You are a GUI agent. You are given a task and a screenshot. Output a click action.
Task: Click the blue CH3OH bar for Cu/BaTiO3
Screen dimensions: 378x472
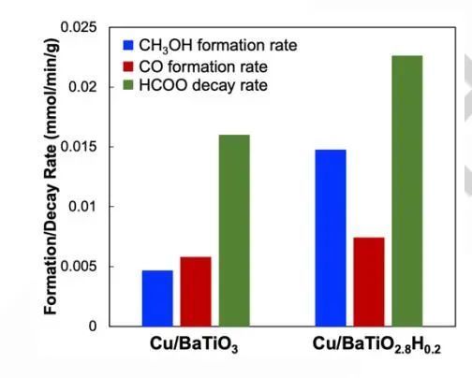tap(157, 298)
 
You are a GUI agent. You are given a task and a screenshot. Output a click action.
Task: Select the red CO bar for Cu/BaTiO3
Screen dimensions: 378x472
tap(196, 291)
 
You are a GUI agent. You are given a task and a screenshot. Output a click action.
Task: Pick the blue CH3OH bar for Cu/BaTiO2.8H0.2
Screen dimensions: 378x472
tap(330, 238)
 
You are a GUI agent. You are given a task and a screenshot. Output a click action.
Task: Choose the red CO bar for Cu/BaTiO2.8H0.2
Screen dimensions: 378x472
tap(368, 282)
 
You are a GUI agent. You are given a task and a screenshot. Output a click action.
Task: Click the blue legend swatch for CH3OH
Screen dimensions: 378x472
tap(129, 45)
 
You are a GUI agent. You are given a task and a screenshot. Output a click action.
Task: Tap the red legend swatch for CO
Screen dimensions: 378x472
tap(129, 66)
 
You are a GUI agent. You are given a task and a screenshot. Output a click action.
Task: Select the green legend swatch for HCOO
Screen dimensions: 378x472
tap(129, 86)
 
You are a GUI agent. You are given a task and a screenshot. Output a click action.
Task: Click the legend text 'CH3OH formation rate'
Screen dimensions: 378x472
tap(212, 46)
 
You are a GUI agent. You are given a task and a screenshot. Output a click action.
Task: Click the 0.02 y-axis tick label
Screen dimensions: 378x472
tap(82, 87)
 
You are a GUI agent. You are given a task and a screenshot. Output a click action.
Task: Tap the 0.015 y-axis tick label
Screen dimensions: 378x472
tap(78, 147)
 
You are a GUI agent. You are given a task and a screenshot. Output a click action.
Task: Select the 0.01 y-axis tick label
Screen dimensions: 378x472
tap(82, 207)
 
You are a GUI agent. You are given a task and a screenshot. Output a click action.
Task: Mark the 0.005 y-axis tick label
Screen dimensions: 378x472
tap(78, 267)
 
